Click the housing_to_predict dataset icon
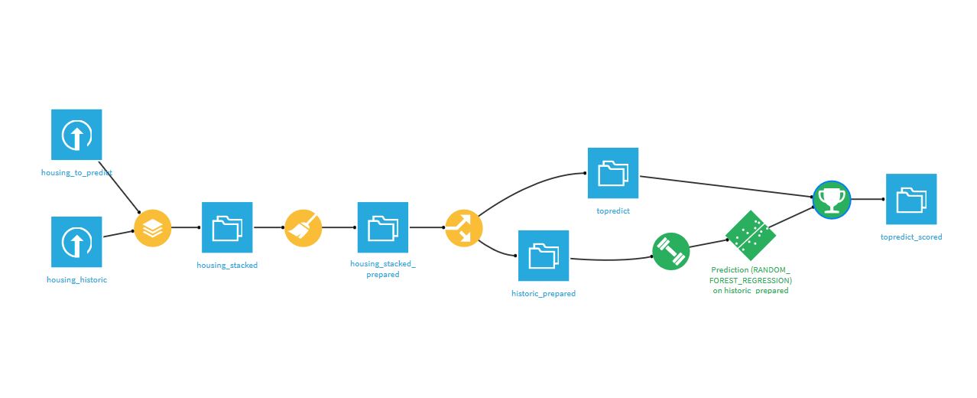(x=76, y=135)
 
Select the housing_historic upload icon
(x=76, y=242)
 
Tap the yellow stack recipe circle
(x=153, y=227)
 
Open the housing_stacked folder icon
(x=227, y=227)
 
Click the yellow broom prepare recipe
(x=303, y=227)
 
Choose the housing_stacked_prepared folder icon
(x=383, y=227)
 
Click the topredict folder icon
(x=613, y=173)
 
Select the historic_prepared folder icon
(x=544, y=256)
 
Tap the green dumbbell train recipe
(x=671, y=251)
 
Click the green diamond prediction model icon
(x=750, y=236)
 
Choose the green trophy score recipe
(x=831, y=199)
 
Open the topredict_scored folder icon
(x=911, y=199)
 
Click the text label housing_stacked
(x=227, y=266)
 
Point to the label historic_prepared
(x=544, y=294)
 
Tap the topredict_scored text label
(x=911, y=237)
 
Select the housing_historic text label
(x=76, y=280)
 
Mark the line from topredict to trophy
(x=726, y=187)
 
